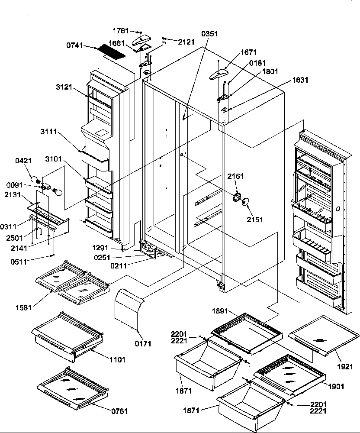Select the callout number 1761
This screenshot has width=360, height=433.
coord(121,32)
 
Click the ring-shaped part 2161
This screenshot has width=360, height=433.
coord(237,197)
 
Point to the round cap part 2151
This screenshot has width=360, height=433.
coord(246,201)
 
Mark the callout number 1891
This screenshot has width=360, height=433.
coord(221,310)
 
